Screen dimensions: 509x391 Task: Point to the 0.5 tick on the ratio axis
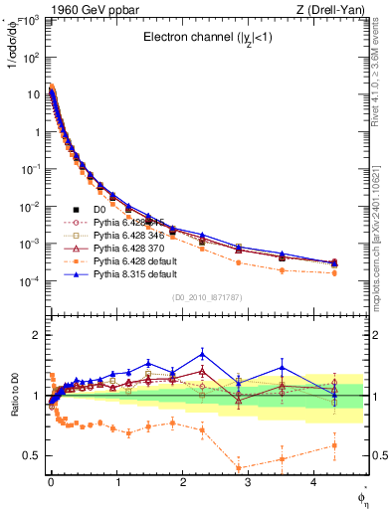tap(30, 455)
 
